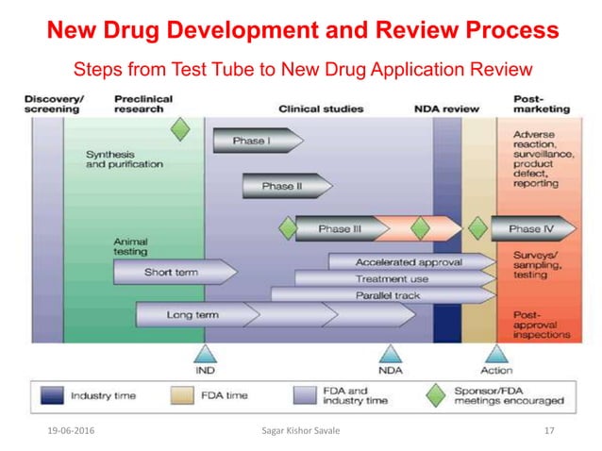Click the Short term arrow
174,273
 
